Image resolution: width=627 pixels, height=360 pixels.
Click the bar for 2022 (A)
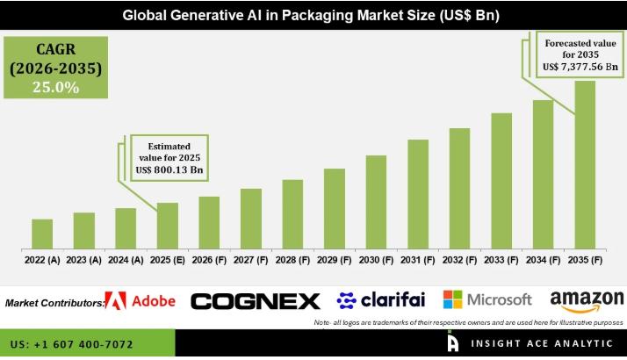pyautogui.click(x=42, y=234)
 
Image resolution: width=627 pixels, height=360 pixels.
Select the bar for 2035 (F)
pyautogui.click(x=585, y=164)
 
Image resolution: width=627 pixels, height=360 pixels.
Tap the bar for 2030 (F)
pyautogui.click(x=376, y=201)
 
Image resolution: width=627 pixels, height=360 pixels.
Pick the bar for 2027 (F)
pyautogui.click(x=251, y=218)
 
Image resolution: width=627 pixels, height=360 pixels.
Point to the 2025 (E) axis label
pyautogui.click(x=168, y=260)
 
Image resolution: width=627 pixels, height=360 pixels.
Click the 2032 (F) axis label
pyautogui.click(x=459, y=260)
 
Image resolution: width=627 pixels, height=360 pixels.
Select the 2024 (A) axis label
pyautogui.click(x=126, y=260)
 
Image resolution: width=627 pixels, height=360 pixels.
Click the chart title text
pyautogui.click(x=313, y=15)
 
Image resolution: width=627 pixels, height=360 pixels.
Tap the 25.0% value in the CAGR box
pyautogui.click(x=56, y=87)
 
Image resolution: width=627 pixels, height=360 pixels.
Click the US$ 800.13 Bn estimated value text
pyautogui.click(x=173, y=169)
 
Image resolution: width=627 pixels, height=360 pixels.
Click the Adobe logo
pyautogui.click(x=141, y=301)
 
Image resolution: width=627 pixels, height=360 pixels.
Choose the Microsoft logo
pyautogui.click(x=487, y=299)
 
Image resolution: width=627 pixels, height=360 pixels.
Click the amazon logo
pyautogui.click(x=587, y=301)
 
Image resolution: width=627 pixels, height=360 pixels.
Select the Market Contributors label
pyautogui.click(x=54, y=303)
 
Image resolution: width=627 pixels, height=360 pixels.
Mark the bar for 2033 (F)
pyautogui.click(x=501, y=181)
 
